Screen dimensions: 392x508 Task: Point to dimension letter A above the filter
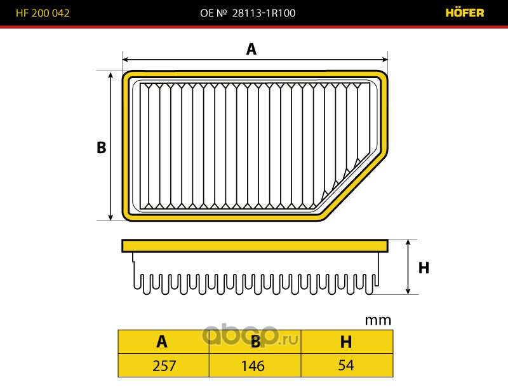pos(251,49)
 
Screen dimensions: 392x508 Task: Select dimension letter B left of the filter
pos(101,147)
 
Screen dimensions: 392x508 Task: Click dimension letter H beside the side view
pos(424,267)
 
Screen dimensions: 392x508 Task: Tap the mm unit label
pos(378,320)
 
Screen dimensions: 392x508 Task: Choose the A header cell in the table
pos(163,342)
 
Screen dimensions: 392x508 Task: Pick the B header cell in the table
pos(255,342)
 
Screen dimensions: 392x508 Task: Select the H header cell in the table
pos(346,342)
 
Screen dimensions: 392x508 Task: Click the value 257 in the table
pos(163,366)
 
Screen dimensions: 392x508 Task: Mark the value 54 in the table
pos(345,366)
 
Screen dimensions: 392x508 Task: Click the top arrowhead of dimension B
pos(111,74)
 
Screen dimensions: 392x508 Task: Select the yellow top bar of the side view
pos(254,245)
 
